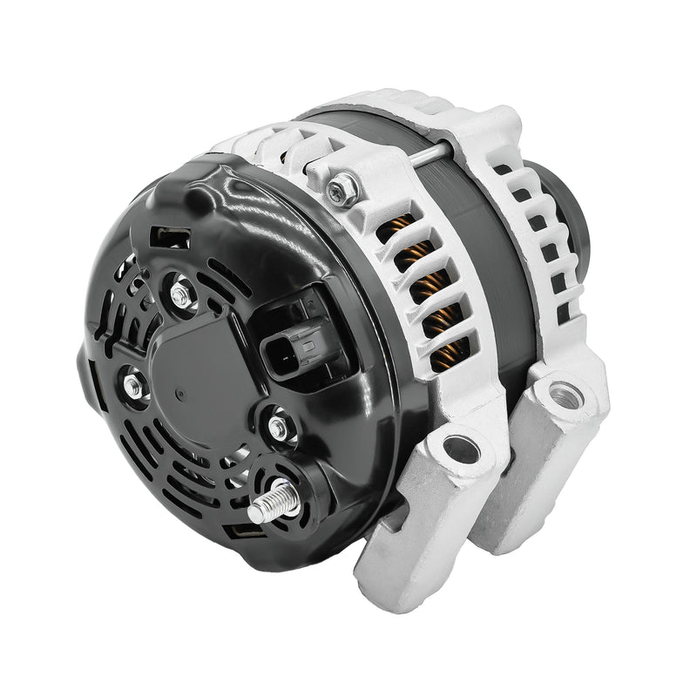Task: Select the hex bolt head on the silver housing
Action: point(342,189)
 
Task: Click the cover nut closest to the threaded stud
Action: point(278,427)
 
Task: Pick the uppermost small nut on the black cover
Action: point(180,294)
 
